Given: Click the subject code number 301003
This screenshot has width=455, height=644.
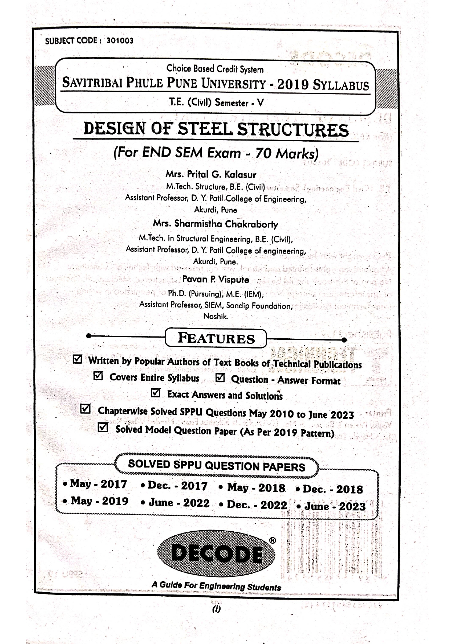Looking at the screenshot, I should [x=120, y=41].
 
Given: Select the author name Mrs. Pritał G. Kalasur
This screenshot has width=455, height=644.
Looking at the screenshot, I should [x=211, y=174].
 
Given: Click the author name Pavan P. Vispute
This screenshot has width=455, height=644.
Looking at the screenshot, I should [x=215, y=280].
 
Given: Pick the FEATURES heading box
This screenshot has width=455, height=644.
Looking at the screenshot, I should [x=216, y=338].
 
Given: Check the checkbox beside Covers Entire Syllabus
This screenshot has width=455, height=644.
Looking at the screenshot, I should [x=98, y=376].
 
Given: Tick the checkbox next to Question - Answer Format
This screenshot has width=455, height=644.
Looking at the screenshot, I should [x=219, y=378].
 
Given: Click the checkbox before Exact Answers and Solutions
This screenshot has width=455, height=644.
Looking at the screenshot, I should [x=156, y=393].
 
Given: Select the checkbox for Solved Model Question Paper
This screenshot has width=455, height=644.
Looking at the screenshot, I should [x=103, y=427].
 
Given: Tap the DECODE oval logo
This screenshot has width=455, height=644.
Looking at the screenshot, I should [x=216, y=554].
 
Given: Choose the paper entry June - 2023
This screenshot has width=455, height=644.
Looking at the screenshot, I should [x=335, y=506].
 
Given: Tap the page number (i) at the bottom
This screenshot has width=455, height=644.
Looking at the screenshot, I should [x=216, y=609].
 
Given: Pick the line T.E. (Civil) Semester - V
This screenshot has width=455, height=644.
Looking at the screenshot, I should [x=216, y=103].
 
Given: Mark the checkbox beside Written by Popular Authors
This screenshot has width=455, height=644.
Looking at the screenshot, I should [x=78, y=359].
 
